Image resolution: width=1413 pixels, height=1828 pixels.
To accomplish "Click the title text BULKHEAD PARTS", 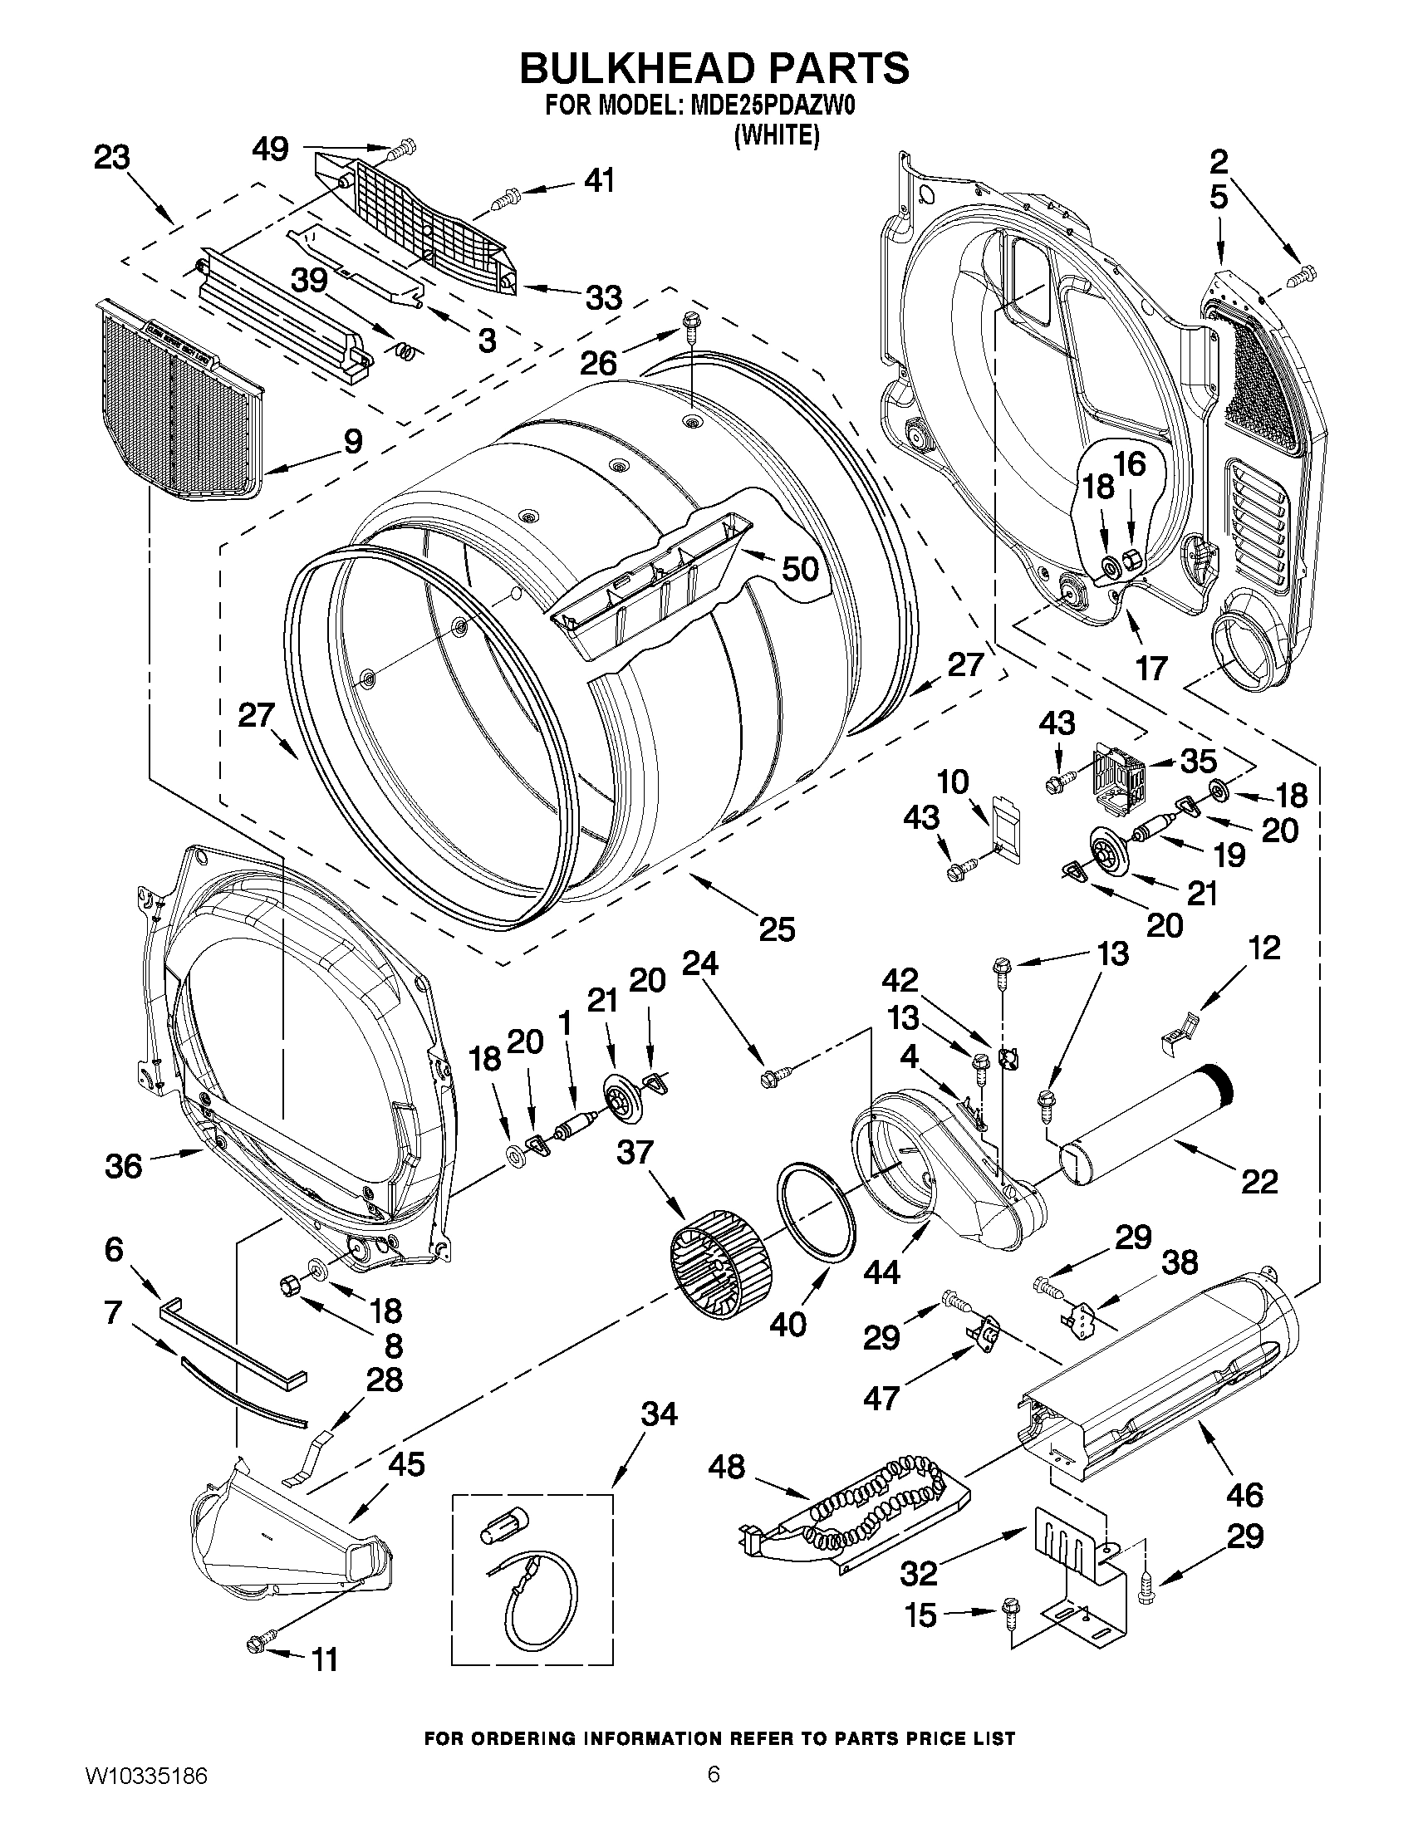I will [714, 68].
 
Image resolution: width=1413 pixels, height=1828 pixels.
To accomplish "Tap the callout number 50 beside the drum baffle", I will [798, 569].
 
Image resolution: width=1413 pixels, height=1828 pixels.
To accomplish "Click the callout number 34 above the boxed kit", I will [659, 1414].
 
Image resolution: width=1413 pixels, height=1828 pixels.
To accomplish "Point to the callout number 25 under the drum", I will [776, 929].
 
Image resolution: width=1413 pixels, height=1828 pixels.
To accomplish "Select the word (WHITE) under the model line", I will [776, 135].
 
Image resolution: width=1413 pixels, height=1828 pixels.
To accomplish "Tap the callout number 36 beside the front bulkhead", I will [124, 1165].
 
